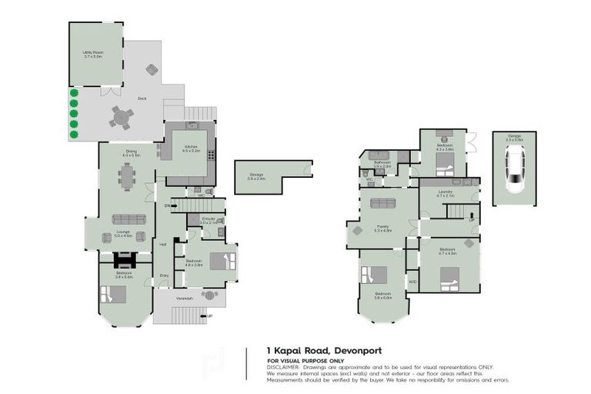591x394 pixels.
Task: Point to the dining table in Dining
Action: click(128, 178)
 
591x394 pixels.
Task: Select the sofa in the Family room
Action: click(382, 204)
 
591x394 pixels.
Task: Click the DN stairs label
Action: click(167, 205)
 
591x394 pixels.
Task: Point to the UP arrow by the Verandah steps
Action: click(209, 316)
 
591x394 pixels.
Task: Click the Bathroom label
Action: click(382, 164)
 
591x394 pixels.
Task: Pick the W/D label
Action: click(412, 281)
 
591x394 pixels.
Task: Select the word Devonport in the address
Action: click(366, 350)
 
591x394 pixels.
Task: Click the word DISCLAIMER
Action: click(283, 366)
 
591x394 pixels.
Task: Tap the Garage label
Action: click(513, 137)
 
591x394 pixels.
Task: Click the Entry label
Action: click(164, 275)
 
